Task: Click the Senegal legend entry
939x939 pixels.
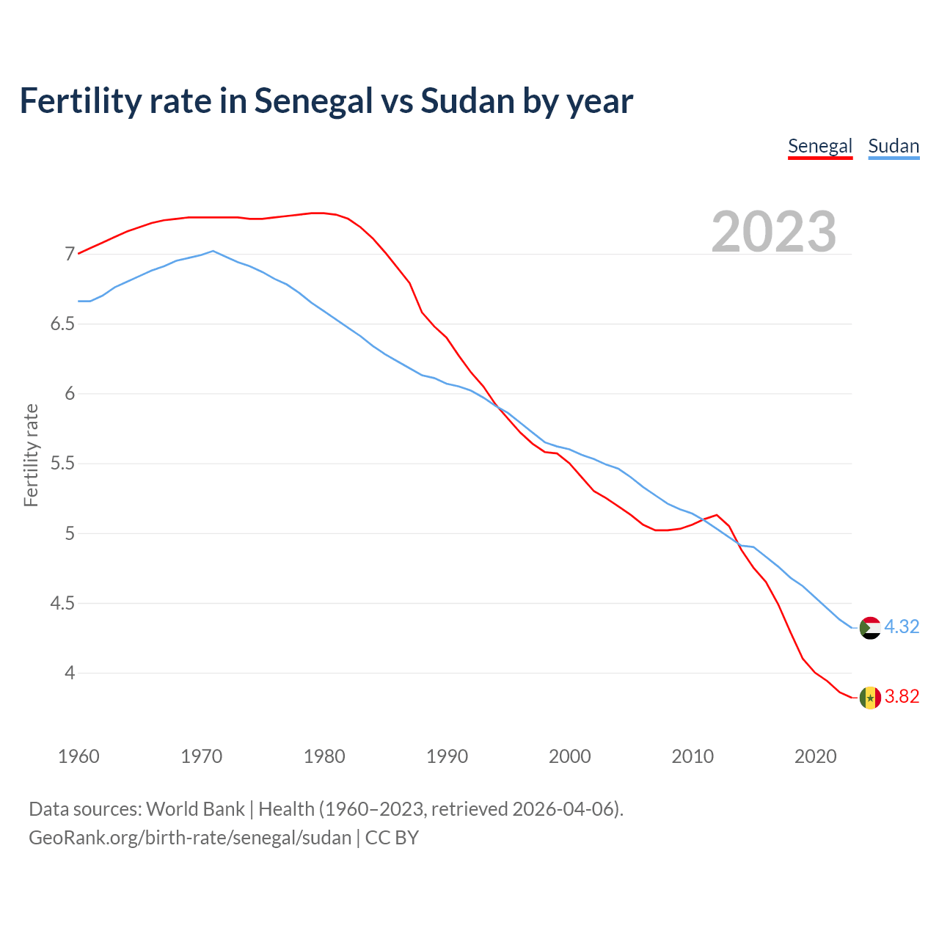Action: click(x=819, y=146)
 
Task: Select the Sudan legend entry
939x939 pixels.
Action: click(x=893, y=146)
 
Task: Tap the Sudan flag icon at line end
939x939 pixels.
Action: click(x=869, y=628)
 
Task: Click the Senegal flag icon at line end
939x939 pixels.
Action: click(x=869, y=697)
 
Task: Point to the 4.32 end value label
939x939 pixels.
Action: click(x=902, y=627)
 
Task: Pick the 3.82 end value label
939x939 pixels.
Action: click(x=902, y=697)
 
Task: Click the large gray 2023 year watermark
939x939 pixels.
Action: click(x=773, y=232)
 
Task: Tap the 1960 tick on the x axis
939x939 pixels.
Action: click(x=78, y=756)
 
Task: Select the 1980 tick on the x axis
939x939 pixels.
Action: click(x=324, y=756)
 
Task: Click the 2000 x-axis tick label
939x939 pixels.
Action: click(x=569, y=756)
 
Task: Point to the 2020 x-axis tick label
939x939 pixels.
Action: click(x=815, y=756)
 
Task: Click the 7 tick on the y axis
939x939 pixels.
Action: click(x=70, y=255)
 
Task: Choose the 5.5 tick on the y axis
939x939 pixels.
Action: click(x=63, y=464)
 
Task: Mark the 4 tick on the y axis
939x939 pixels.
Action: click(x=70, y=673)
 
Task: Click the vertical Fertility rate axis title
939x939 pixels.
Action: click(x=31, y=455)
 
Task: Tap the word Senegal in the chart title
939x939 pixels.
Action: click(x=313, y=101)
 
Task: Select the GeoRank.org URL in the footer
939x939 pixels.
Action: click(x=190, y=838)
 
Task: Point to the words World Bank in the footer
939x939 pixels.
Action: click(x=195, y=809)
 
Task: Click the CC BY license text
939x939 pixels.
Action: click(x=392, y=838)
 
